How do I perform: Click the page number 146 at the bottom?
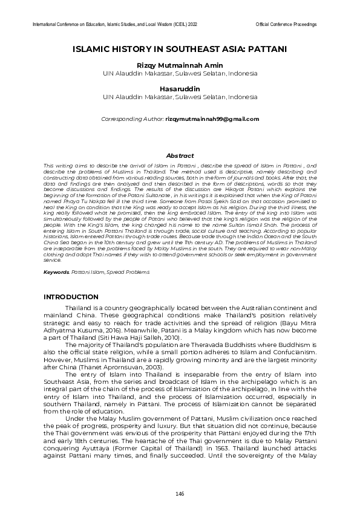pyautogui.click(x=180, y=494)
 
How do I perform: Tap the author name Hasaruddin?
pyautogui.click(x=180, y=89)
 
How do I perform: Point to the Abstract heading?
pyautogui.click(x=180, y=155)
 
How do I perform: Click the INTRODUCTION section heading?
pyautogui.click(x=71, y=297)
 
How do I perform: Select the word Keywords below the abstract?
pyautogui.click(x=56, y=273)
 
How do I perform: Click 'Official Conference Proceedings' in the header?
pyautogui.click(x=286, y=24)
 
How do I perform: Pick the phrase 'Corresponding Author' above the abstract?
pyautogui.click(x=131, y=119)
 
